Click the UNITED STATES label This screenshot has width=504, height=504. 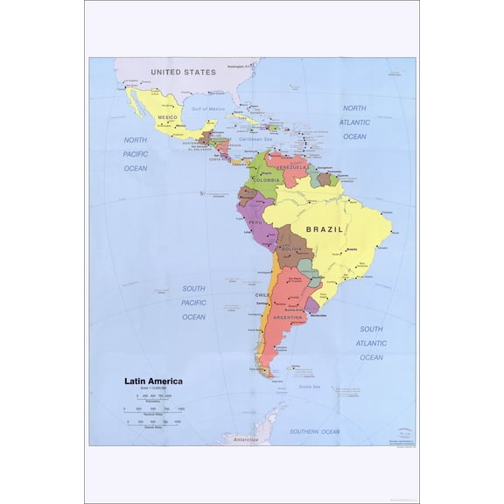183,72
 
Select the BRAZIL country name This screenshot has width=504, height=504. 324,229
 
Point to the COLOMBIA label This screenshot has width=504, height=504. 266,180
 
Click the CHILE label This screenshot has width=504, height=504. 261,296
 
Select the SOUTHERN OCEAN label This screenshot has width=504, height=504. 315,431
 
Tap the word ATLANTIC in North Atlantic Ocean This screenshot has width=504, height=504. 355,122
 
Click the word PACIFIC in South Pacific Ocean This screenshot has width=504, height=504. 193,303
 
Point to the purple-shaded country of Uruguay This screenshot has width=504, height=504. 311,305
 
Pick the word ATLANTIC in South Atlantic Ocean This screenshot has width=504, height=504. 371,343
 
